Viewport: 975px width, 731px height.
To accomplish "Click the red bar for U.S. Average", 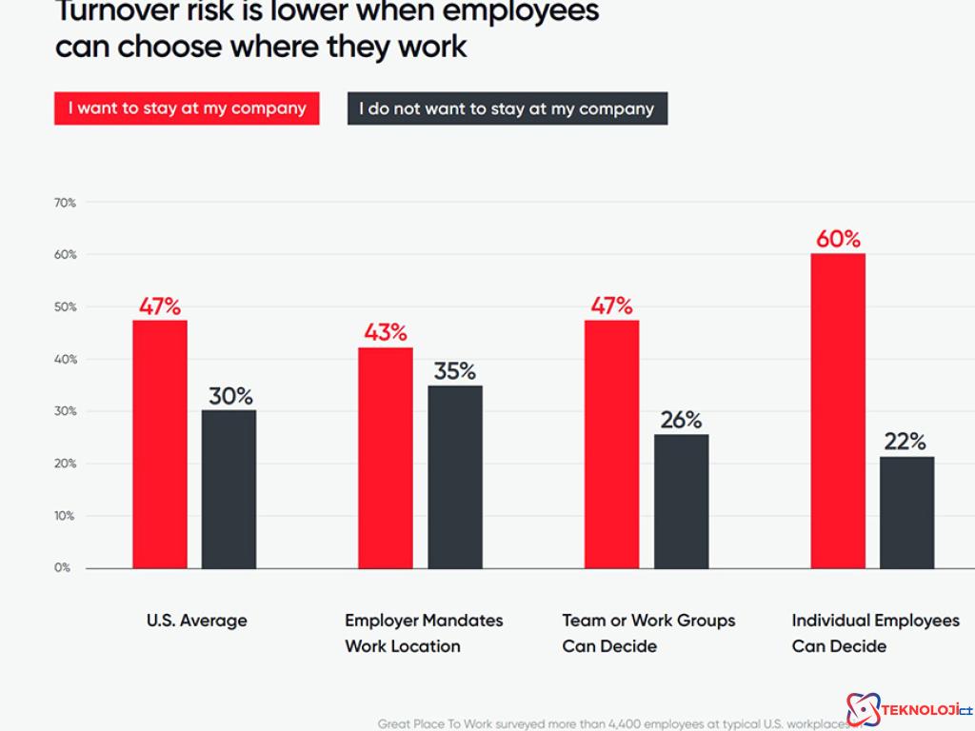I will coord(160,444).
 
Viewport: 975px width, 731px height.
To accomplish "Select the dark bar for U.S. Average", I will coord(229,488).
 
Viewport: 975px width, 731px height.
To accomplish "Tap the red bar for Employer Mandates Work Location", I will coord(386,458).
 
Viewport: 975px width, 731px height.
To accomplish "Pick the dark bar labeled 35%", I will coord(455,476).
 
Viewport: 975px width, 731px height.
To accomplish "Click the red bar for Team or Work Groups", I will coord(611,444).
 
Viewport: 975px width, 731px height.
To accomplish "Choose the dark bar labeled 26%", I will coord(681,501).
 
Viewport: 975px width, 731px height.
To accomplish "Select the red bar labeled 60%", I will coord(838,410).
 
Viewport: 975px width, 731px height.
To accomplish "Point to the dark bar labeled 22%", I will coord(906,512).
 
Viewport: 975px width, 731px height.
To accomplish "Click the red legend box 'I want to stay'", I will coord(187,109).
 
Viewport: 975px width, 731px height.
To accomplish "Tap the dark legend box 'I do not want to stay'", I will coord(507,109).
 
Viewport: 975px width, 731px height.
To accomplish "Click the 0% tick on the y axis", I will coord(63,568).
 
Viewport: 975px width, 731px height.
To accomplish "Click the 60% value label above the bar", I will coord(838,239).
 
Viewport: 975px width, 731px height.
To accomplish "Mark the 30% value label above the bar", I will coord(230,396).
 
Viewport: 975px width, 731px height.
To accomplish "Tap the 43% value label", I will coord(386,333).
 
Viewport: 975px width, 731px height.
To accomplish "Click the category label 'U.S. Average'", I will coord(196,621).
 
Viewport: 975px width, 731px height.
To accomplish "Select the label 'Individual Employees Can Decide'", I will coord(875,633).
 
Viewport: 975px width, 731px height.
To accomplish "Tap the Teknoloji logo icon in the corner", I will coord(864,709).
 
